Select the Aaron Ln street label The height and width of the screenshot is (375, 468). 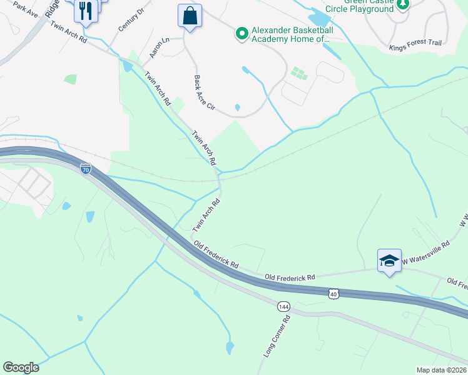click(x=160, y=48)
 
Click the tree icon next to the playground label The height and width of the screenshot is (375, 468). click(x=404, y=4)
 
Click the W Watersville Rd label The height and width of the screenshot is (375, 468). click(x=425, y=252)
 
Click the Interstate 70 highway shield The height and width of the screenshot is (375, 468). click(x=86, y=169)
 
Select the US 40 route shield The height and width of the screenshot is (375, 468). click(x=333, y=292)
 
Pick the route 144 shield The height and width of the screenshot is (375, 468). click(x=284, y=306)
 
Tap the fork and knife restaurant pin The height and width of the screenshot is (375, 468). click(x=86, y=10)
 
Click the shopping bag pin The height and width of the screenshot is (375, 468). click(x=190, y=16)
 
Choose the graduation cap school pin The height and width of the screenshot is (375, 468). click(x=389, y=260)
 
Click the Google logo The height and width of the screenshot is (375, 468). click(x=21, y=367)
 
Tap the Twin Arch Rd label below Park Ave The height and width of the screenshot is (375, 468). click(x=69, y=33)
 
